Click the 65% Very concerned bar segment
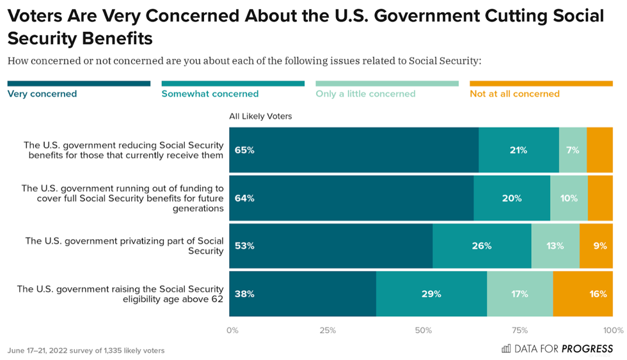pos(354,150)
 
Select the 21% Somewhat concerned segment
pos(519,150)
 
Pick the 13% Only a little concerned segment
pos(555,246)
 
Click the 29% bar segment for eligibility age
pos(431,294)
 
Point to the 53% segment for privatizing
pos(331,246)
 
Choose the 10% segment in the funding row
pos(569,198)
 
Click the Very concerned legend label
pos(42,94)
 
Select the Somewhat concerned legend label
pos(210,94)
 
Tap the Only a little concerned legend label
pos(365,94)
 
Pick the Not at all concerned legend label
pos(514,94)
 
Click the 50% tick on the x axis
pos(424,331)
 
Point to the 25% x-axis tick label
pos(328,331)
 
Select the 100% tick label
pos(613,331)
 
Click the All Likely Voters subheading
pos(261,116)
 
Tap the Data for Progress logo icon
pos(506,348)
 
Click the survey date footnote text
pos(86,350)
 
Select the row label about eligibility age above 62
pos(120,294)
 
